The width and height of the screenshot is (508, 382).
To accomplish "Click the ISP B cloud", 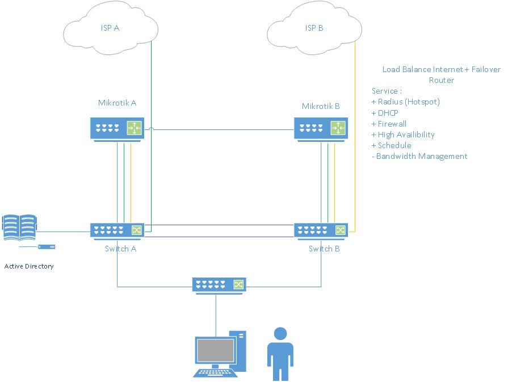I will (314, 31).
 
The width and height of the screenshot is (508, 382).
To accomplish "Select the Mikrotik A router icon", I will (116, 128).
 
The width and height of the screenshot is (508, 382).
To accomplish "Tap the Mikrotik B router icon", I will (321, 128).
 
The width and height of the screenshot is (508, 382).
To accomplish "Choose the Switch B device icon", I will (321, 230).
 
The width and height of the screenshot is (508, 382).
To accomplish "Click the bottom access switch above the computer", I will (219, 285).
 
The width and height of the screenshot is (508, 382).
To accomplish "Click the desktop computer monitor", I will (215, 351).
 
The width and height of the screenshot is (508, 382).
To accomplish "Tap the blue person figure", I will (280, 353).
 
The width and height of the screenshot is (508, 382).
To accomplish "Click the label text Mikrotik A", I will (117, 103).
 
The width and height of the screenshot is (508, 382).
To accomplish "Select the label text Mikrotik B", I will (321, 106).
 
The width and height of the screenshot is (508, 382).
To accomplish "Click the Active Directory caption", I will (29, 266).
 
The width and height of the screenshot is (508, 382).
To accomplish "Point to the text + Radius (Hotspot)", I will (405, 102).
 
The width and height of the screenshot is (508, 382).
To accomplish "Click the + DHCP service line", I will (385, 112).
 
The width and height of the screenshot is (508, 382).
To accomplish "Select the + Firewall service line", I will (389, 123).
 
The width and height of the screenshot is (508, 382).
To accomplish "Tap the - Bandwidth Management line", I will (419, 156).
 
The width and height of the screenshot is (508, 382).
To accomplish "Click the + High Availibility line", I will (402, 135).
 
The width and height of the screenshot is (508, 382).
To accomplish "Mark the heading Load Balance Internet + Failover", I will (442, 69).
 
